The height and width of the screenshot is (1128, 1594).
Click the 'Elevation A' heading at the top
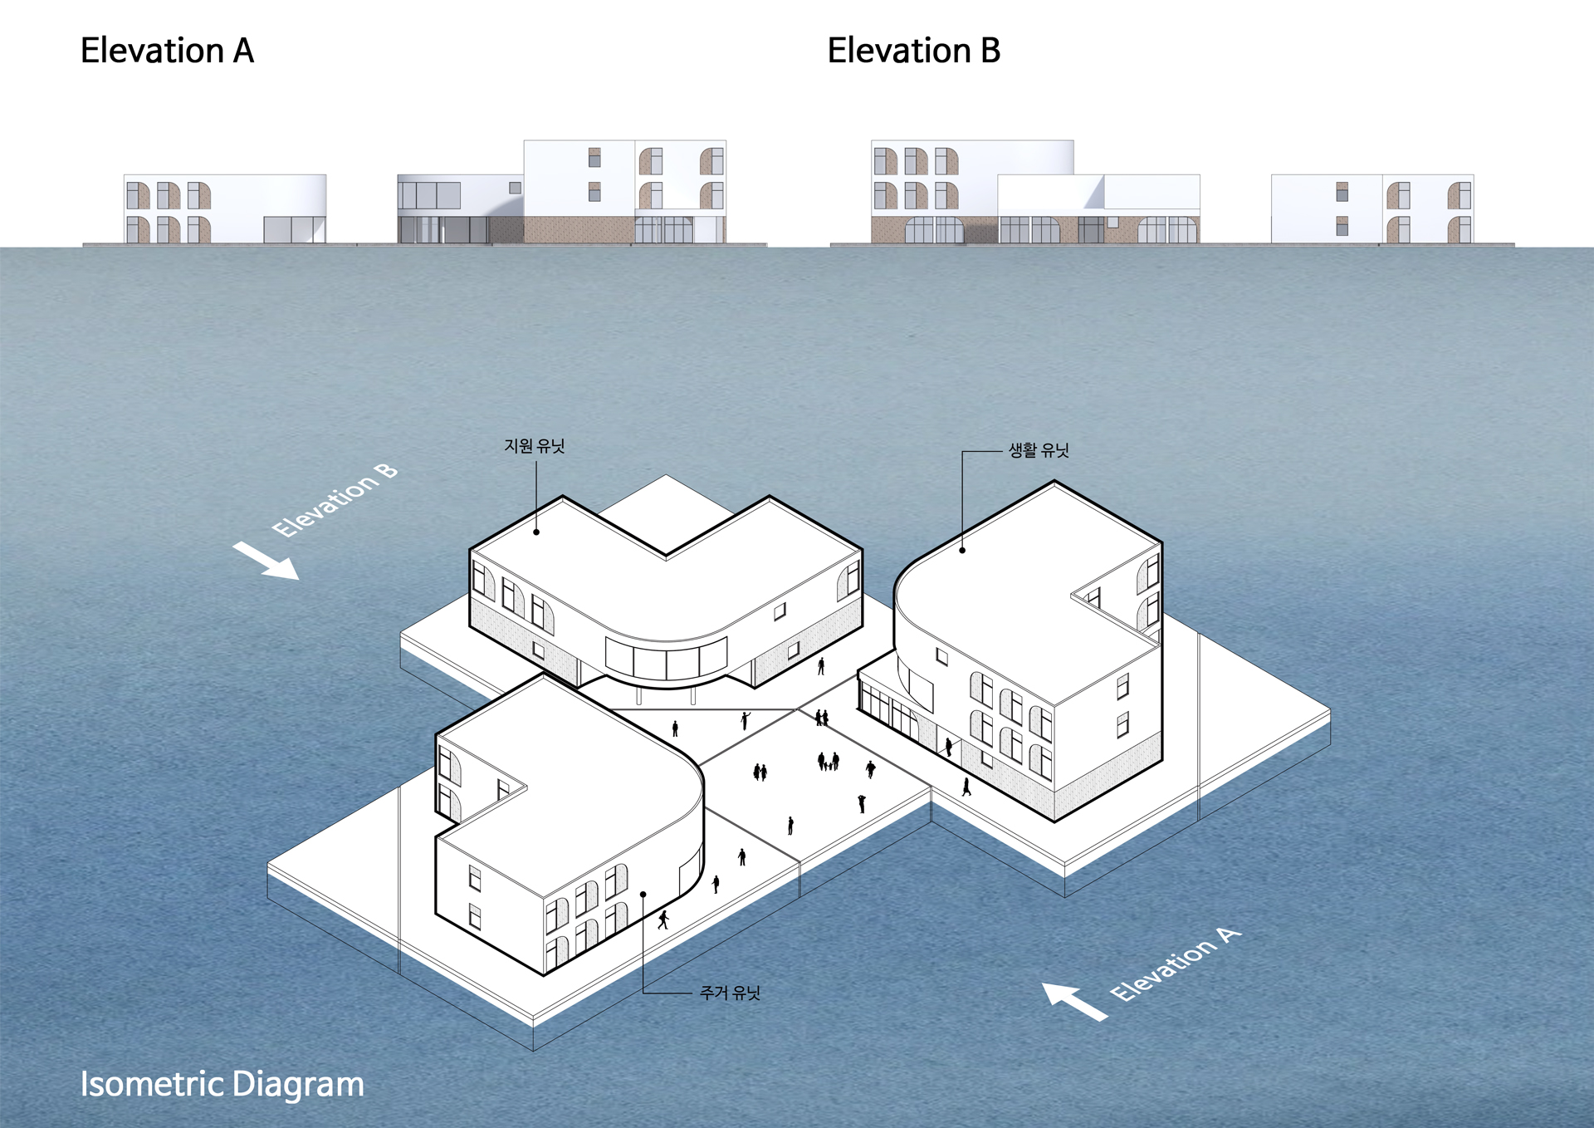167,51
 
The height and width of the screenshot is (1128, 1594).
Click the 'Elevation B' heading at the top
913,51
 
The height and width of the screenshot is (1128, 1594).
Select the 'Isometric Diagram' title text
222,1084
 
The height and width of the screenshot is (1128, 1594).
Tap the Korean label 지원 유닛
534,446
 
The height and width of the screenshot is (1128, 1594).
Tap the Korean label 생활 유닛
1039,450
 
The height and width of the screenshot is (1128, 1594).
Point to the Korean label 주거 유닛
730,993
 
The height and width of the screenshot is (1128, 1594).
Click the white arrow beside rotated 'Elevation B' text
266,560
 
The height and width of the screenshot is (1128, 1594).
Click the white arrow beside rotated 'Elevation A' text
1074,1000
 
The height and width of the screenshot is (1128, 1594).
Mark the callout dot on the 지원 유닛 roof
536,532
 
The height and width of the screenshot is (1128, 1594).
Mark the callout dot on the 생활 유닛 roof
962,550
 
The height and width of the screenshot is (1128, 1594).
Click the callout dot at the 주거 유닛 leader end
643,895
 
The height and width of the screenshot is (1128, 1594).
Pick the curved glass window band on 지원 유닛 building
666,657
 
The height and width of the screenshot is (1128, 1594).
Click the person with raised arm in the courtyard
746,719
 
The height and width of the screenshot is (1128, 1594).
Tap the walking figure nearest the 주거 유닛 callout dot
663,920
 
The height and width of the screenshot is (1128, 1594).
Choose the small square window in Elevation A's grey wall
515,189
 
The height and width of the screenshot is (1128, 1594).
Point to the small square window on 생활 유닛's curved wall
941,656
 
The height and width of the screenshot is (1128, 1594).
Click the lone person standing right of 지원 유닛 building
821,665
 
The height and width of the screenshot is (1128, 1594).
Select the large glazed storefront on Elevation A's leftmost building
294,229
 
